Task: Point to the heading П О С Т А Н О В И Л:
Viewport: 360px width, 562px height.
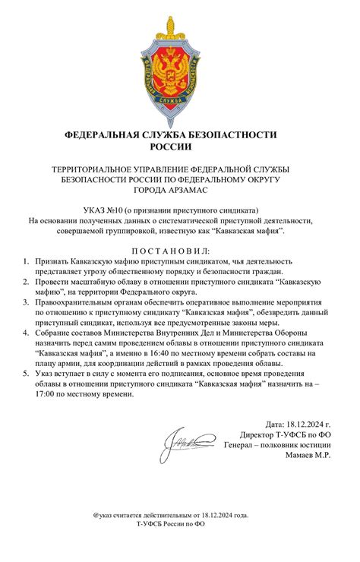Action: coord(180,251)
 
